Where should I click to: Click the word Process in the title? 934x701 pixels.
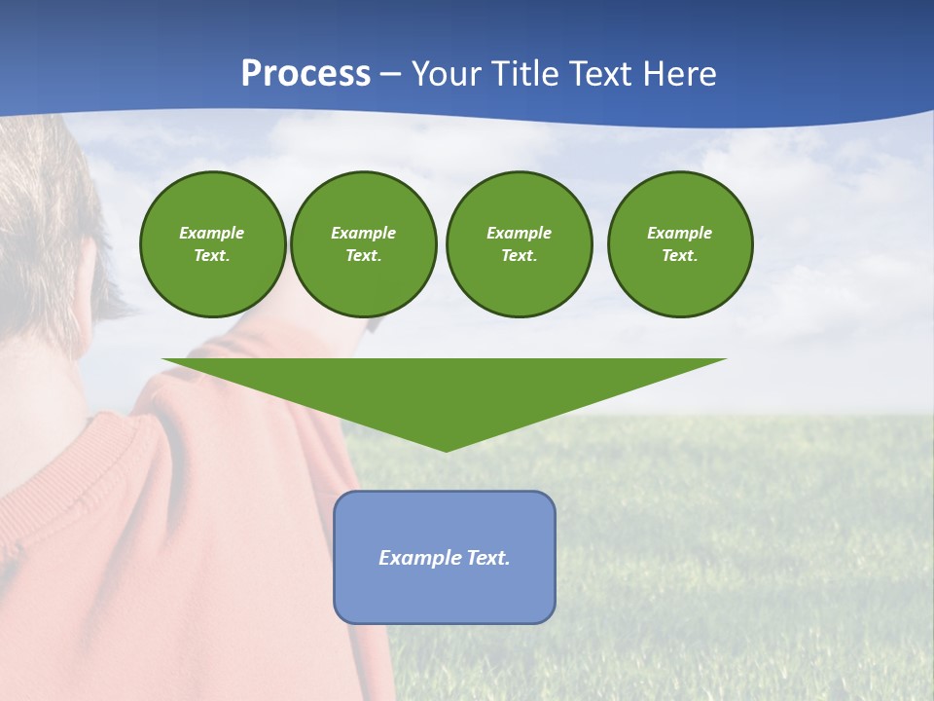click(x=305, y=74)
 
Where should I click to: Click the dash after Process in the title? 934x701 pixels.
click(x=390, y=75)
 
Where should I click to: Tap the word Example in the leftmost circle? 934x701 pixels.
click(x=212, y=233)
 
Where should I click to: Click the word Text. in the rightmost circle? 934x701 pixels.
click(x=680, y=255)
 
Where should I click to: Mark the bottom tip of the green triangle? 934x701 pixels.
click(x=446, y=449)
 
